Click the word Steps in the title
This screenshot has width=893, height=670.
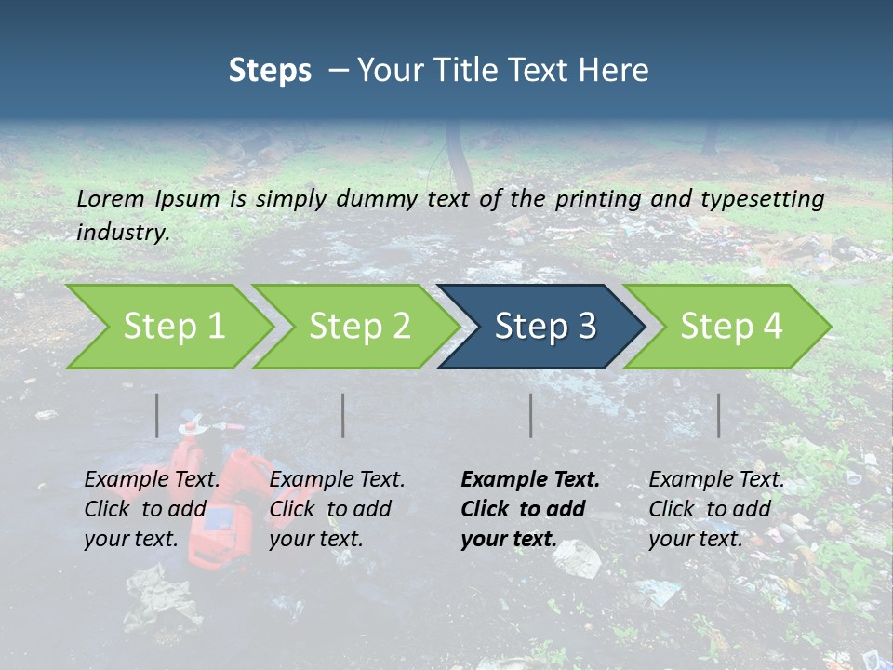pos(270,71)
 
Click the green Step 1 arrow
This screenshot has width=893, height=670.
pos(167,326)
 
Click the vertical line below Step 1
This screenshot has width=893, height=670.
pos(157,415)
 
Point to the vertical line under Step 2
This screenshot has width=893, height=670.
pos(343,415)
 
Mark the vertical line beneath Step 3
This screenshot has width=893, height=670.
pos(531,415)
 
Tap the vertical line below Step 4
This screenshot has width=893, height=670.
pos(719,415)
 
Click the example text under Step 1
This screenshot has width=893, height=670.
pos(152,509)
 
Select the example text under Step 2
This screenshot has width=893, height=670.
pos(337,509)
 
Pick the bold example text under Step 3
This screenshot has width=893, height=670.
pos(530,509)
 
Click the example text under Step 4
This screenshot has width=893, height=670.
pos(716,509)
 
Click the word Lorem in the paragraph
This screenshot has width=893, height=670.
pos(111,198)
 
